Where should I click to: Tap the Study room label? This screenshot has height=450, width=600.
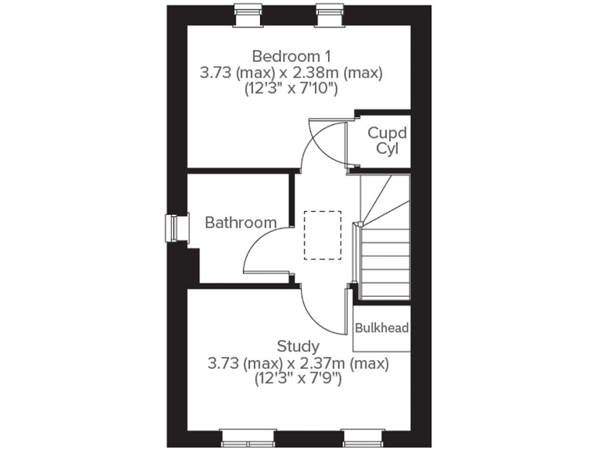tap(298, 346)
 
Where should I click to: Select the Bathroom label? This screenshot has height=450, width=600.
tap(241, 223)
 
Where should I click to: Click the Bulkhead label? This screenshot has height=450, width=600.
tap(382, 328)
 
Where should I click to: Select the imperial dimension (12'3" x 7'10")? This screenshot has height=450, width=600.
tap(290, 89)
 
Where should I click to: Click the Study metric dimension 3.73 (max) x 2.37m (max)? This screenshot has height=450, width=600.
tap(298, 363)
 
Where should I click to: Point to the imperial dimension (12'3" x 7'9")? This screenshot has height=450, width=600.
tap(298, 380)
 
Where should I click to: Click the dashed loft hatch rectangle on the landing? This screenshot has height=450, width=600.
tap(323, 234)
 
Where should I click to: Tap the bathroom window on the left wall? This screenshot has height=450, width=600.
tap(173, 228)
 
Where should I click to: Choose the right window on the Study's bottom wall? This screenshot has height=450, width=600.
tap(363, 437)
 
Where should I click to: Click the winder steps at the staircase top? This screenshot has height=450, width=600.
tap(383, 200)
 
